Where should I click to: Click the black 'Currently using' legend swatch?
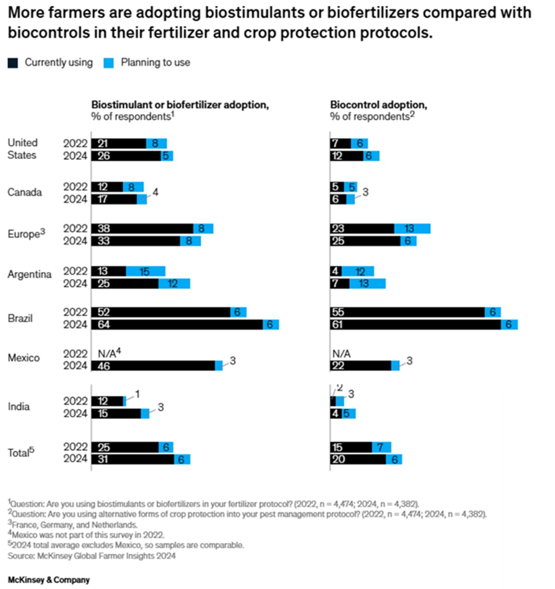pyautogui.click(x=13, y=63)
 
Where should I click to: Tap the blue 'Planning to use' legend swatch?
pyautogui.click(x=109, y=63)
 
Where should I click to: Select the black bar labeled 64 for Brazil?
pyautogui.click(x=177, y=325)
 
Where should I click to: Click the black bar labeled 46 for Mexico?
pyautogui.click(x=153, y=366)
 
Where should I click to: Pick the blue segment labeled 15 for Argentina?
pyautogui.click(x=146, y=271)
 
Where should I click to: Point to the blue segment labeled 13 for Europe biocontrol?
pyautogui.click(x=412, y=229)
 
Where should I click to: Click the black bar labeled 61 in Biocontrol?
pyautogui.click(x=416, y=325)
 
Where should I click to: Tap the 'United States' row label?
pyautogui.click(x=22, y=149)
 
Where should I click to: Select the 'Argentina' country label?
pyautogui.click(x=30, y=274)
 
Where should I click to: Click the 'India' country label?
pyautogui.click(x=19, y=407)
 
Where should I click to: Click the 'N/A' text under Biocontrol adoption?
pyautogui.click(x=342, y=354)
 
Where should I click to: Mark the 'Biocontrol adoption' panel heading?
pyautogui.click(x=379, y=104)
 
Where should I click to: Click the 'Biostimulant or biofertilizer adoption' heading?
pyautogui.click(x=180, y=104)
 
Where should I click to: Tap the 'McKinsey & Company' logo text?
pyautogui.click(x=49, y=580)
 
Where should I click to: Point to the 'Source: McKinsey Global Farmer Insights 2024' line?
pyautogui.click(x=92, y=556)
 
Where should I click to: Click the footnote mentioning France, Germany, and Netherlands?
pyautogui.click(x=73, y=525)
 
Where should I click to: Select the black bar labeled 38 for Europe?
pyautogui.click(x=142, y=229)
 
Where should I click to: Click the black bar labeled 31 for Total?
pyautogui.click(x=133, y=459)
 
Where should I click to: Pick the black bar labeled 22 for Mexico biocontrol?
pyautogui.click(x=361, y=366)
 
